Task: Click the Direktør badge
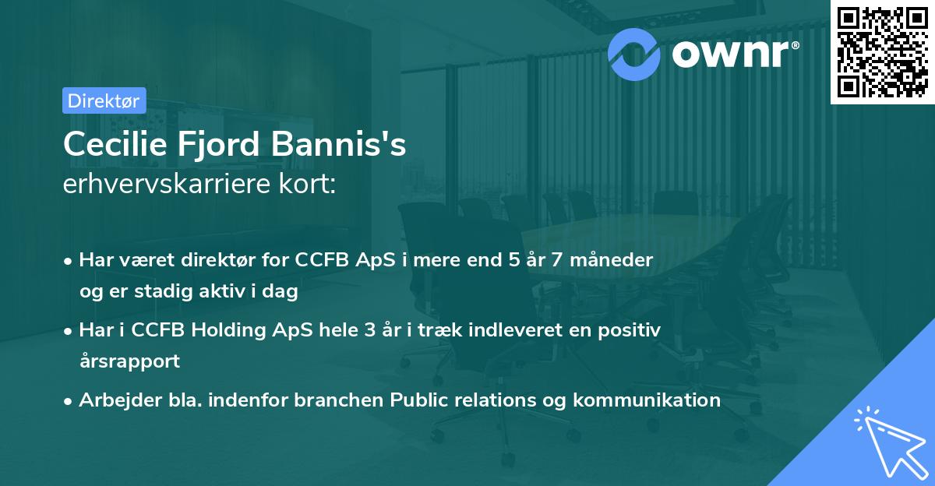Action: coord(104,100)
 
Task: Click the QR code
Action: coord(882,51)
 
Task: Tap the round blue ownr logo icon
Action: coord(634,53)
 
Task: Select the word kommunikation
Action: coord(647,400)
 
